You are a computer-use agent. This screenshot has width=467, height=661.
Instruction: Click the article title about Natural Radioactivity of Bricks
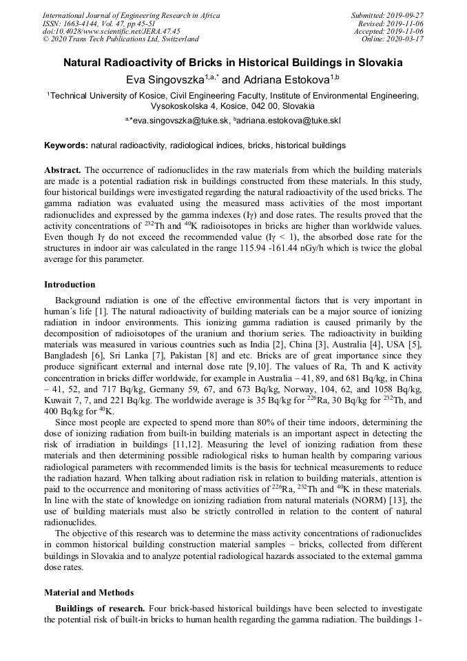(233, 63)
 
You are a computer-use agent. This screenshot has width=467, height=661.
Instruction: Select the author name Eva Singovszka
(165, 80)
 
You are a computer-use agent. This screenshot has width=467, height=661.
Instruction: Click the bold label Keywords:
(66, 145)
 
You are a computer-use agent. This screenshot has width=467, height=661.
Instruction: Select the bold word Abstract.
(63, 170)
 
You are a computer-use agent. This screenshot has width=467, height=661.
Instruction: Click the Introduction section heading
(70, 284)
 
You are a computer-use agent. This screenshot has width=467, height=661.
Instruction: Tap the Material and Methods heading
(89, 592)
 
